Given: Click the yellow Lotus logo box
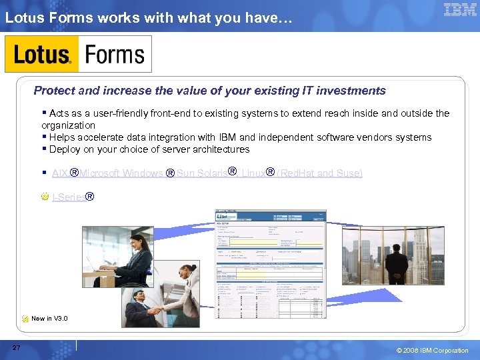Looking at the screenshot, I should [x=42, y=54].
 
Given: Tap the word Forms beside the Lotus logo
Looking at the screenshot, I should [x=115, y=54].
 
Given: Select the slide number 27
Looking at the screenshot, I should [x=16, y=348].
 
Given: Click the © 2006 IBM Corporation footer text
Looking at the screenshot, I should [x=433, y=351].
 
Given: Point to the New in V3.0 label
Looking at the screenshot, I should [x=49, y=319].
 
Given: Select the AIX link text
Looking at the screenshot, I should [x=59, y=173].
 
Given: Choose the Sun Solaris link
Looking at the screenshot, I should [x=201, y=173].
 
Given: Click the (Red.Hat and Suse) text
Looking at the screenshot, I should [x=319, y=173].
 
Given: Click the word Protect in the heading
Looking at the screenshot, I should [x=55, y=91].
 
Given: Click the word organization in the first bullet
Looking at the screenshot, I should [x=68, y=125].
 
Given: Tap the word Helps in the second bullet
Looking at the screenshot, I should [x=62, y=137].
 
